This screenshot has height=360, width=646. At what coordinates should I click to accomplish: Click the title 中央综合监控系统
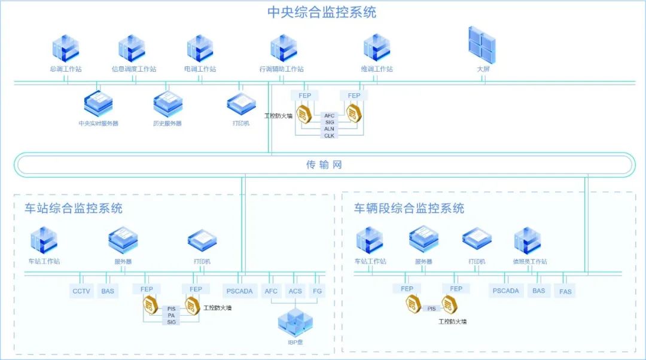(322, 13)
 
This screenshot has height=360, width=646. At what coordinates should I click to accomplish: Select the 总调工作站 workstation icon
(65, 48)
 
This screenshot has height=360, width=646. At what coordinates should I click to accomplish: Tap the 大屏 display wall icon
(482, 45)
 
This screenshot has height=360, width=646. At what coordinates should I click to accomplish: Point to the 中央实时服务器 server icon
(99, 103)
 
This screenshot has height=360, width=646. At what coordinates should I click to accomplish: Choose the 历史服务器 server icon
(167, 103)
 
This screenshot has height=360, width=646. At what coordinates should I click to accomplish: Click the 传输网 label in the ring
(324, 165)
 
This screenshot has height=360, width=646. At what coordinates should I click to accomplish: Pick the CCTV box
(81, 291)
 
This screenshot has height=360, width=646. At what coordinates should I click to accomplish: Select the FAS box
(565, 292)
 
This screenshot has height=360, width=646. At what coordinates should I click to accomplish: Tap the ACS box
(295, 291)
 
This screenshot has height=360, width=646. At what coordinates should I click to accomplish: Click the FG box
(317, 291)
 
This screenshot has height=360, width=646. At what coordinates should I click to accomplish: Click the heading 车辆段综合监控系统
(409, 209)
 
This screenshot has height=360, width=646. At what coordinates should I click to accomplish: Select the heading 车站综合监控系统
(74, 209)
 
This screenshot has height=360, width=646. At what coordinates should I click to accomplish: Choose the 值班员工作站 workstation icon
(528, 240)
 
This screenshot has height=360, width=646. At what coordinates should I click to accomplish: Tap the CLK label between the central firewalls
(329, 136)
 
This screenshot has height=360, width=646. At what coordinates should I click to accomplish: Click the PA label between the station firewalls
(171, 315)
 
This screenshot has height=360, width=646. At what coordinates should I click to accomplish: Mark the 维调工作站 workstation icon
(377, 48)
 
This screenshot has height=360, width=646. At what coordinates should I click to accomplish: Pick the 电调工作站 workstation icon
(200, 48)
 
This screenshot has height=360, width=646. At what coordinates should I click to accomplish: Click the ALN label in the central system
(329, 129)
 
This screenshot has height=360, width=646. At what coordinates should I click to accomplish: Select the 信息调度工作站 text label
(134, 69)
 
